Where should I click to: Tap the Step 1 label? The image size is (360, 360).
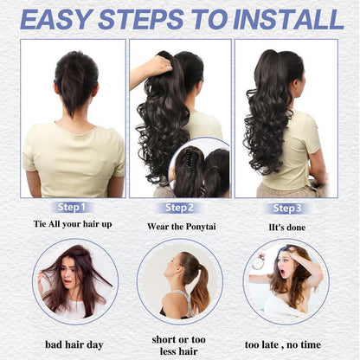pos(72,208)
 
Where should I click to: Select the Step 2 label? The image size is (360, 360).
pos(179,208)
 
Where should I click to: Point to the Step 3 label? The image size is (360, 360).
pos(287,208)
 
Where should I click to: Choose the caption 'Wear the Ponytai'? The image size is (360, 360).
pos(179,227)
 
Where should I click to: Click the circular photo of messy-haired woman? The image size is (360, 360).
pos(74,281)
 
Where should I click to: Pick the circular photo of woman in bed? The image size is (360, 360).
pos(286,281)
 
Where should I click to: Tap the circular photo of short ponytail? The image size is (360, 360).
pos(180,281)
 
